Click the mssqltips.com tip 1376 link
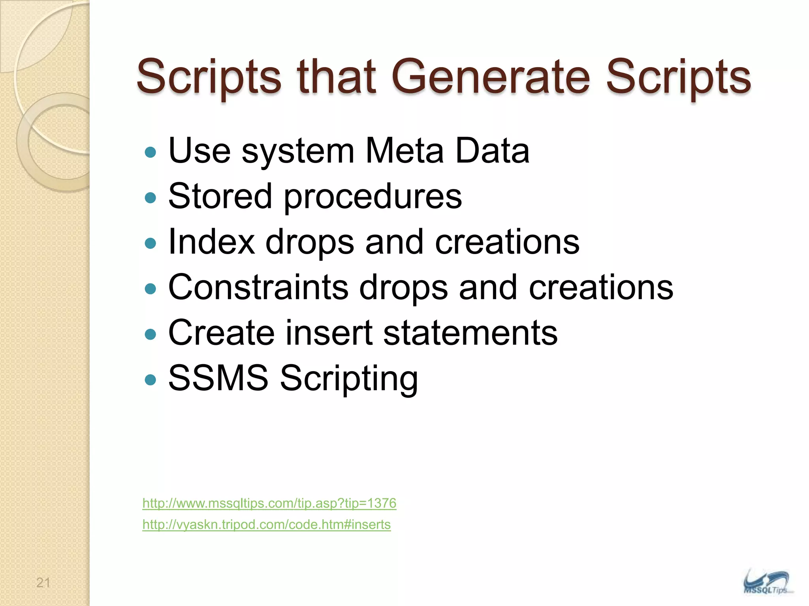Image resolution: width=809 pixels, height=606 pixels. point(269,503)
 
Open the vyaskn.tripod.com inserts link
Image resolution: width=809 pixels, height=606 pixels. point(266,525)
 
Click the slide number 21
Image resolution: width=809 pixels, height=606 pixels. point(43,582)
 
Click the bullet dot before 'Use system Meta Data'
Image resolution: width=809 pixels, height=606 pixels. point(151,152)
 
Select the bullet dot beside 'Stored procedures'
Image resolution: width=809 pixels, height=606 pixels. point(151,198)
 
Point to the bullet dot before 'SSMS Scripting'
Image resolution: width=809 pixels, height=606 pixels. point(151,380)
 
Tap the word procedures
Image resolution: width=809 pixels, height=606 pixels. point(373,197)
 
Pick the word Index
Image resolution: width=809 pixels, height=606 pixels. point(211,242)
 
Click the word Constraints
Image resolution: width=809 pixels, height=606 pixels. point(258,287)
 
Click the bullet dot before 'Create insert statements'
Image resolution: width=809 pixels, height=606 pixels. point(151,335)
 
